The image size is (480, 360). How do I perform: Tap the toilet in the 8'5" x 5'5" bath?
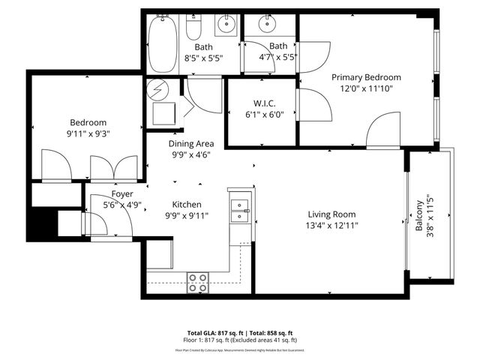pos(193,28)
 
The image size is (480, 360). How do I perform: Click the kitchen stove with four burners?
pos(197,282)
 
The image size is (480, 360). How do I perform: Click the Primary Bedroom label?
pos(366,77)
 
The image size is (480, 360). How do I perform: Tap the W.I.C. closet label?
pos(262,103)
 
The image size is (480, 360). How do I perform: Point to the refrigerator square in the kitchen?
pos(160,255)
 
